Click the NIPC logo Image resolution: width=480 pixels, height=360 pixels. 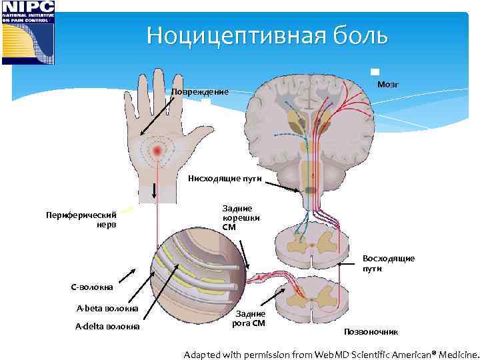pos(28,32)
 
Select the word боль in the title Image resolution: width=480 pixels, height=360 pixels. pos(359,35)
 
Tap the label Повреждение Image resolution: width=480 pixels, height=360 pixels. pos(200,92)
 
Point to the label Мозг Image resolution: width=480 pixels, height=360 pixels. pos(388,85)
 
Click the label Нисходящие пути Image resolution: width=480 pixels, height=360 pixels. pos(224,178)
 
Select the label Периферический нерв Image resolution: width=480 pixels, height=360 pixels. pos(81,219)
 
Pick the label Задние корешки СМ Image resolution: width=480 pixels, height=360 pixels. pos(241,218)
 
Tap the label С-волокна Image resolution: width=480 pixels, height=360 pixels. pos(93,287)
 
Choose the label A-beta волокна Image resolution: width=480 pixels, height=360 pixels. pos(107,308)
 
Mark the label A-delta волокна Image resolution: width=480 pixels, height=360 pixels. pos(107,326)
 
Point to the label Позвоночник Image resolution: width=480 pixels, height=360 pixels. pos(371,331)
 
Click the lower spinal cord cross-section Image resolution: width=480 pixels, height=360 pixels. pos(311,295)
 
